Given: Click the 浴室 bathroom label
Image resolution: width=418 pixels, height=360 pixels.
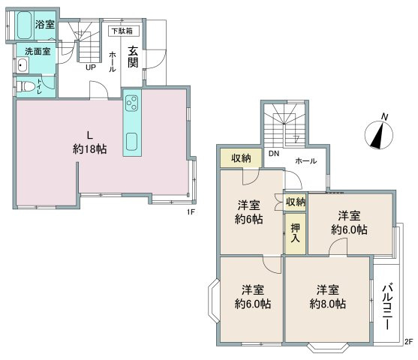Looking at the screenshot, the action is pos(45,25).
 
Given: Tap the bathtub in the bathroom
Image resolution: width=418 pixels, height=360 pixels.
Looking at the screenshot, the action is pos(25,25).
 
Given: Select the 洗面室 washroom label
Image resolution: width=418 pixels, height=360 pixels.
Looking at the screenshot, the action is pos(38,52).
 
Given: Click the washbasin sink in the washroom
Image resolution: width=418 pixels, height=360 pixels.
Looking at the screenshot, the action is pos(23,65).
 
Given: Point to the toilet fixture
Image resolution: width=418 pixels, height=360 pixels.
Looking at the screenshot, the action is pos(26,86).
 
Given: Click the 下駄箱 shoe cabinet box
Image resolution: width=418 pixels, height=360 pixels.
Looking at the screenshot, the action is pos(124,31).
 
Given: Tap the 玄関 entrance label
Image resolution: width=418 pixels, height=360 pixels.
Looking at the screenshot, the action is pos(133,57).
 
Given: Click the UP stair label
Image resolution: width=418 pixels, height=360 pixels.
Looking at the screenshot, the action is pos(91,67).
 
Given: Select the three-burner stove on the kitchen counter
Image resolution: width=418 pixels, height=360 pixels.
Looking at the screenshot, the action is pos(132,103).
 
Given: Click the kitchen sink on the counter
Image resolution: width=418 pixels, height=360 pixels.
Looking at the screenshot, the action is pos(131,142).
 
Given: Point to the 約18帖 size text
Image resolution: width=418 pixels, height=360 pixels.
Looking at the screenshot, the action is pos(90,149).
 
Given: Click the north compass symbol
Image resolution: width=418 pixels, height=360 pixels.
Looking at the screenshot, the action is pos(379,134).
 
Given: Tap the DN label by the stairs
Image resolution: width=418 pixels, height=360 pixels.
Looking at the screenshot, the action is pos(274,154).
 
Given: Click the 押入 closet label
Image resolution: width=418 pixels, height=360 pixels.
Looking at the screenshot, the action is pos(295,233).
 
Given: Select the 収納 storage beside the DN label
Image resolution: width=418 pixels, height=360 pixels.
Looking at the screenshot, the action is pos(241,158).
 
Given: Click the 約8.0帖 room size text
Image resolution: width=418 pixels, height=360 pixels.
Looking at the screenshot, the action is pos(328,304).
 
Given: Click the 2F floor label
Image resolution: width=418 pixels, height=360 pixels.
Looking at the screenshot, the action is pos(409,341).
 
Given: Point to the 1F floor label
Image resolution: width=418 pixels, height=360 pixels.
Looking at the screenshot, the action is pos(191,211).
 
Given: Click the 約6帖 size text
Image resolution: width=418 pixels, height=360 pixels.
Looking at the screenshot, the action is pos(248,219).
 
